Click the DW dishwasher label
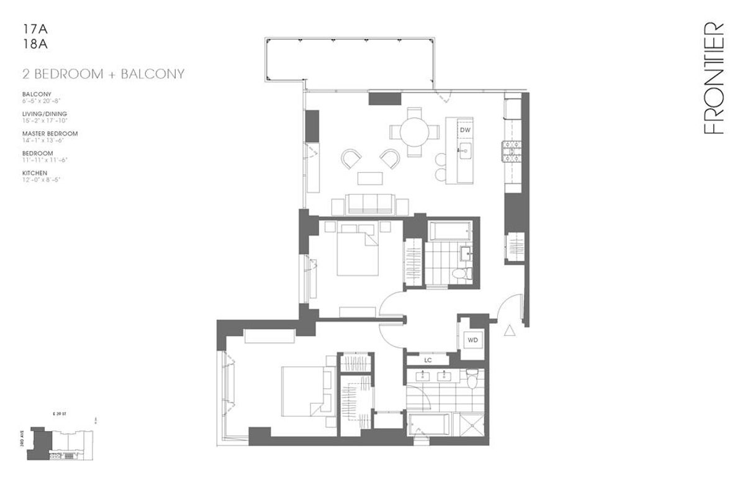tap(465, 130)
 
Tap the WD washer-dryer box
tap(473, 340)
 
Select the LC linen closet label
tap(428, 360)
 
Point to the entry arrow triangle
tap(511, 330)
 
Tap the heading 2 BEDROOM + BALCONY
tap(102, 74)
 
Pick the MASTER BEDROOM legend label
tap(50, 134)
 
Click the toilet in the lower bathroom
tap(473, 378)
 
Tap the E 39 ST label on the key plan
tap(58, 411)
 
